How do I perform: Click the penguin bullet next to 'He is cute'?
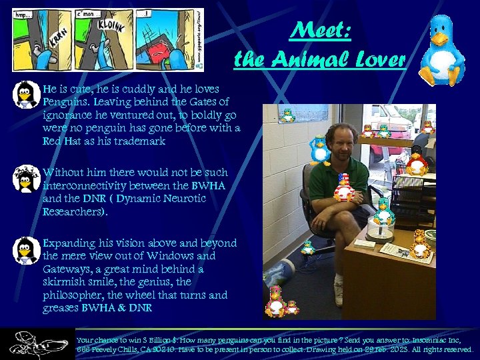pyautogui.click(x=27, y=95)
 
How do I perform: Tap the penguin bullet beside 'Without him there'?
pyautogui.click(x=27, y=179)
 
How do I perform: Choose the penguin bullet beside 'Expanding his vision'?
pyautogui.click(x=27, y=250)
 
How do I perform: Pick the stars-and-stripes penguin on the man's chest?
pyautogui.click(x=343, y=187)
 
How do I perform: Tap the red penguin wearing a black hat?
pyautogui.click(x=417, y=160)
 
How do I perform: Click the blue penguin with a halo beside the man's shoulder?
pyautogui.click(x=320, y=149)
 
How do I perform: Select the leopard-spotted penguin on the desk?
pyautogui.click(x=420, y=244)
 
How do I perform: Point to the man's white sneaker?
pyautogui.click(x=339, y=294)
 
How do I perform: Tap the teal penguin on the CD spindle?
pyautogui.click(x=383, y=211)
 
